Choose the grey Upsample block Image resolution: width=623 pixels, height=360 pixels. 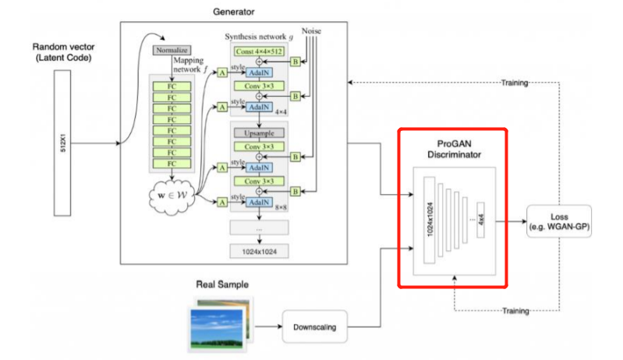[259, 133]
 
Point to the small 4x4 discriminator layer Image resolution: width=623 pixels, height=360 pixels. [485, 221]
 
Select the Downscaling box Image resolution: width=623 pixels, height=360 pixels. [315, 327]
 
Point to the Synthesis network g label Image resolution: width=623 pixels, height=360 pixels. [260, 36]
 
